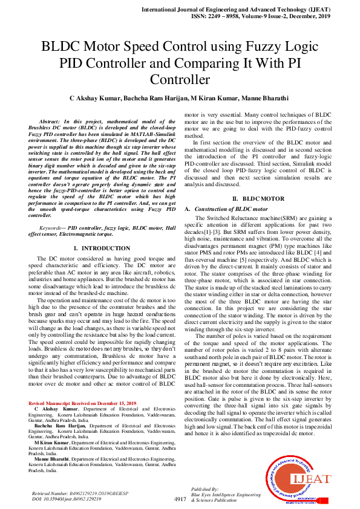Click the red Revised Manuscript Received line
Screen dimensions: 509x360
[82, 403]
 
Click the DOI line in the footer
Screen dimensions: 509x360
[66, 499]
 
